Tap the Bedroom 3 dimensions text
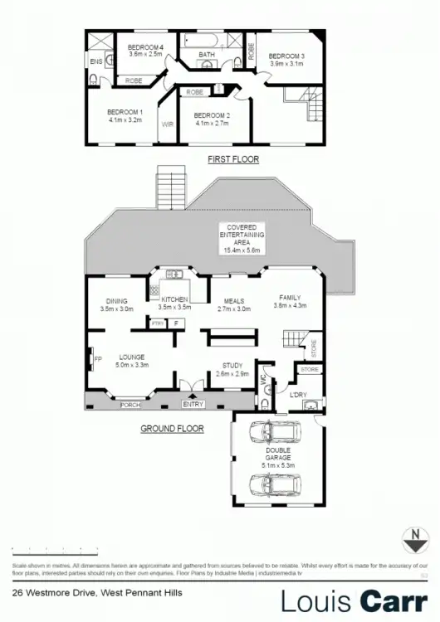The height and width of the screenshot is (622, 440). pyautogui.click(x=287, y=63)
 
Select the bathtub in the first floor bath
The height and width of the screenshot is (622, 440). pyautogui.click(x=207, y=42)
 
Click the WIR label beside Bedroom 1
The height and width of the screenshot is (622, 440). pyautogui.click(x=166, y=125)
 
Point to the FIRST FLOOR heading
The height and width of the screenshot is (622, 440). pyautogui.click(x=233, y=158)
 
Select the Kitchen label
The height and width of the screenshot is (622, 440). pyautogui.click(x=174, y=299)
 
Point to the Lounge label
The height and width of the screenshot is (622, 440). pyautogui.click(x=132, y=357)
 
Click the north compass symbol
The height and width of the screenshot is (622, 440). pyautogui.click(x=408, y=537)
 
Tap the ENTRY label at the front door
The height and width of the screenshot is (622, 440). pyautogui.click(x=193, y=405)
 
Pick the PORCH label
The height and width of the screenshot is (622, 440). pyautogui.click(x=130, y=405)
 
